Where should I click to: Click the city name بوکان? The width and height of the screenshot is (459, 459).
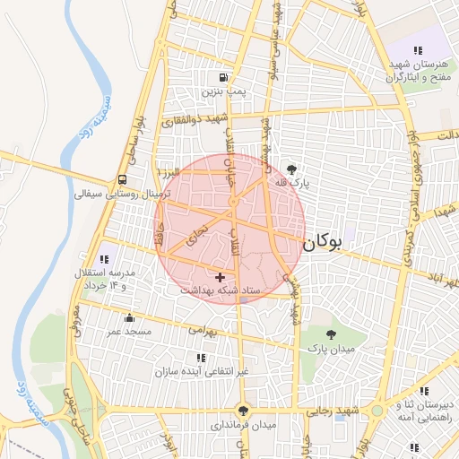coord(322,242)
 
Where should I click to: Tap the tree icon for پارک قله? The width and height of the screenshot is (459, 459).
coord(291,169)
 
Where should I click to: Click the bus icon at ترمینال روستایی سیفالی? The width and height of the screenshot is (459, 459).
coord(121,178)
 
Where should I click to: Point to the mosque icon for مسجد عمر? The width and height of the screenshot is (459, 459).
coord(129,317)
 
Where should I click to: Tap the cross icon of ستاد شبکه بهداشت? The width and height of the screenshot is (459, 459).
coord(221,278)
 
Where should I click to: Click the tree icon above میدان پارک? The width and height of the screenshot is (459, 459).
coord(333,333)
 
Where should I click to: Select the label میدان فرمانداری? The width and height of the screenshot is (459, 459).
coord(244,424)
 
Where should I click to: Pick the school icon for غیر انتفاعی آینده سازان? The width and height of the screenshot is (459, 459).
coord(201,357)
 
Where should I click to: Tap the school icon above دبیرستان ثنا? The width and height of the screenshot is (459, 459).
coord(424,391)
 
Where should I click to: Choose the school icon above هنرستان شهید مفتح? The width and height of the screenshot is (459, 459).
coord(417,50)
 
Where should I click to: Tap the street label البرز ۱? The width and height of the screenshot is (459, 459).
coord(169,170)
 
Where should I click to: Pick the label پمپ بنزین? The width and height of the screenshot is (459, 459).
coord(222,91)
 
